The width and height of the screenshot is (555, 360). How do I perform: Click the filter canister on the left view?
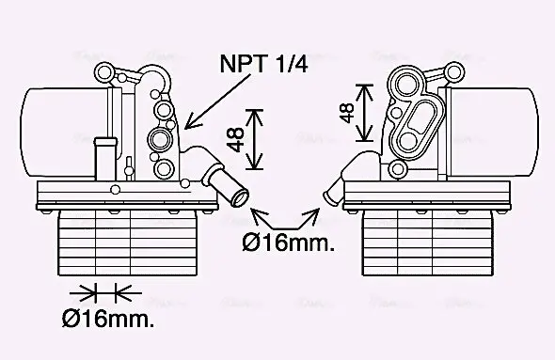[56, 132]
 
